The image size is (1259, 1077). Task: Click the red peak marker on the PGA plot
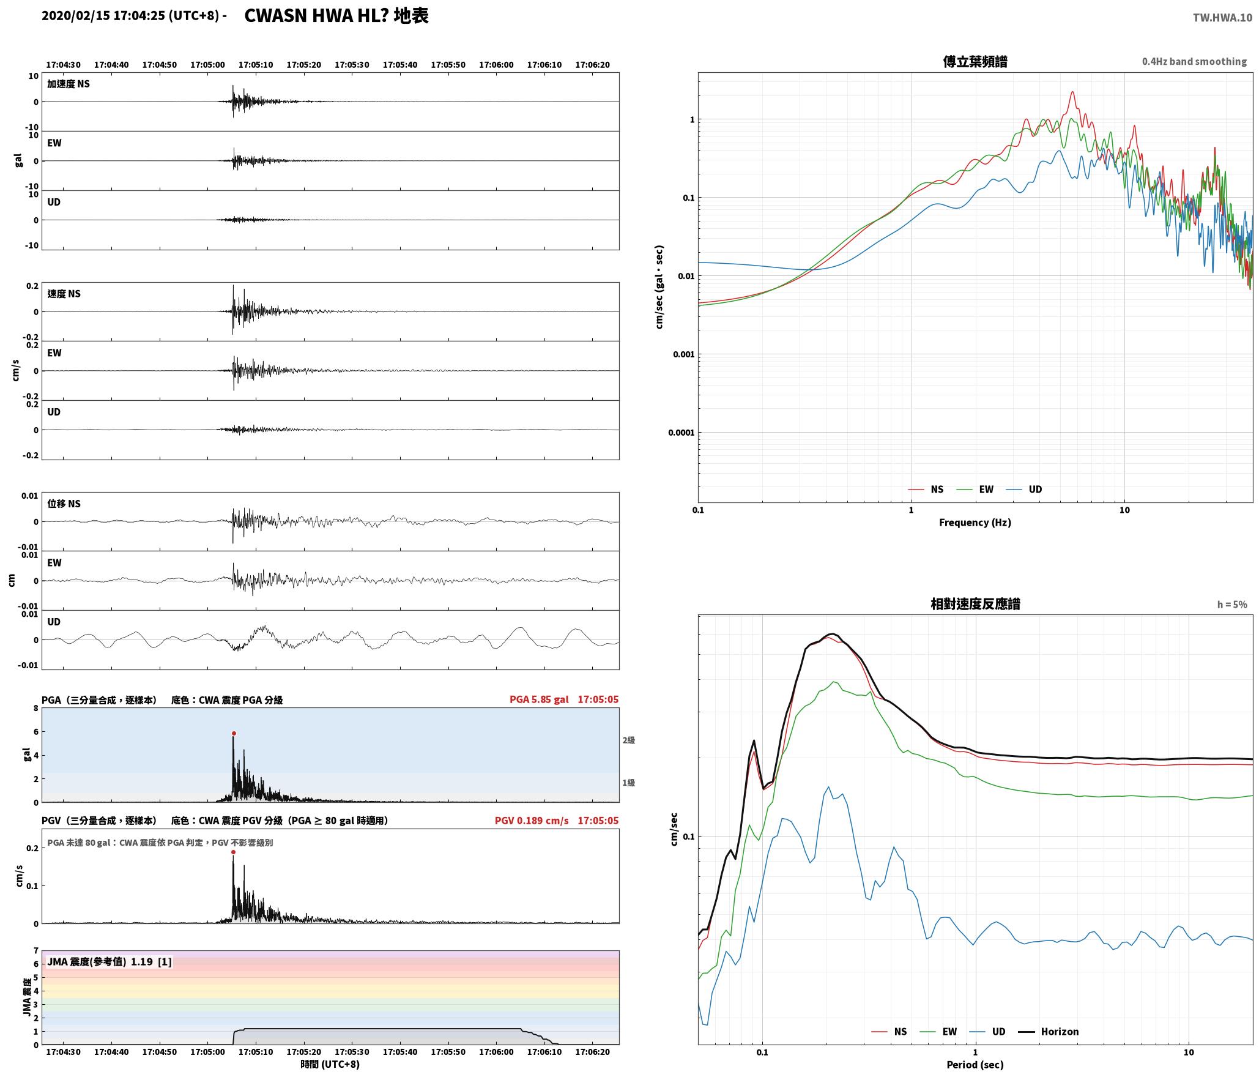pos(234,733)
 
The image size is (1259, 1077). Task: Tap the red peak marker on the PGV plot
pos(233,852)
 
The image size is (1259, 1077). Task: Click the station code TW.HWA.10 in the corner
pos(1222,18)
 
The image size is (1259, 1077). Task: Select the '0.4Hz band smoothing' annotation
pos(1194,61)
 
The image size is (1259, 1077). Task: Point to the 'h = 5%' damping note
pos(1231,605)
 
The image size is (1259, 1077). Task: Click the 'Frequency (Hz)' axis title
pos(975,522)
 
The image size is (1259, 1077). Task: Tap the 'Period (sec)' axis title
pos(975,1064)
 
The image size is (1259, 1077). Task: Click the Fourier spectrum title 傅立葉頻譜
pos(975,61)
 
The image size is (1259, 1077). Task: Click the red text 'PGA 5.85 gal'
pos(539,699)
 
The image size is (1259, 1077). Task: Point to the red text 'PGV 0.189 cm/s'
pos(532,820)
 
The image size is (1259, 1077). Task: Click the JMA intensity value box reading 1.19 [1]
pos(110,961)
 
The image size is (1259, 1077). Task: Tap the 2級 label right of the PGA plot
pos(629,740)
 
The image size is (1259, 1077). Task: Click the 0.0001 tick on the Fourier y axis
pos(681,433)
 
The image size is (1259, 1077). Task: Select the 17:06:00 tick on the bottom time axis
pos(496,1052)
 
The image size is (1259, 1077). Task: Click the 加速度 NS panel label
pos(69,84)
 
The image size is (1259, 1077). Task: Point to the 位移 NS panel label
pos(64,504)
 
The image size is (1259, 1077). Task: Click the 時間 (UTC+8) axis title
pos(330,1064)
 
